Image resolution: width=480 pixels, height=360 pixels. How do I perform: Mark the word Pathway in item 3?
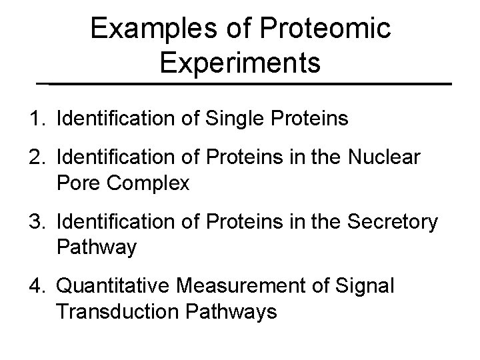tap(97, 247)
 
